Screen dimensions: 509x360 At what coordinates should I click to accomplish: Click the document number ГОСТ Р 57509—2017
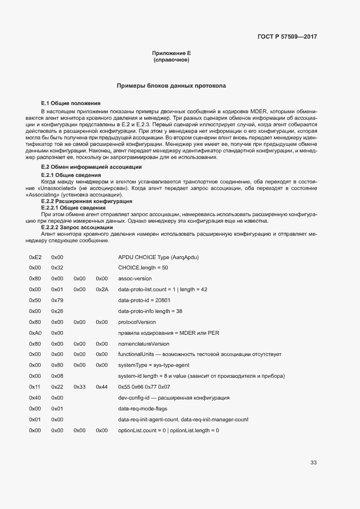click(287, 37)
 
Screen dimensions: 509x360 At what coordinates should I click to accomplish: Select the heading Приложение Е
click(171, 53)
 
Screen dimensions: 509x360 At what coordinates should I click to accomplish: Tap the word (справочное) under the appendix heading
click(171, 60)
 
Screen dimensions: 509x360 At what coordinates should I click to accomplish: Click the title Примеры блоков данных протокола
click(171, 86)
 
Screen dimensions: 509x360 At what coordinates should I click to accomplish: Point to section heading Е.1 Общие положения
click(71, 103)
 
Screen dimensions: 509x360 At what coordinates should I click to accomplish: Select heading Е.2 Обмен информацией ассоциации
click(84, 167)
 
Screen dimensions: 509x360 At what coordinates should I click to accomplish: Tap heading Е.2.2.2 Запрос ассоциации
click(77, 227)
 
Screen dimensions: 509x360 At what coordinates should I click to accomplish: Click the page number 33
click(313, 463)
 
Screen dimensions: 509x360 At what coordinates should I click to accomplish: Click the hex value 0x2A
click(102, 290)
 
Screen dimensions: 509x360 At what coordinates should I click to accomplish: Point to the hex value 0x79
click(57, 301)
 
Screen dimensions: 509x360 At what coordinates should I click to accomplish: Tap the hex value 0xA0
click(35, 333)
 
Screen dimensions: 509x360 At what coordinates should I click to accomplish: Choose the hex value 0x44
click(102, 387)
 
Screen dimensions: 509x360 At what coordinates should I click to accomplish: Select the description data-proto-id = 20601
click(144, 301)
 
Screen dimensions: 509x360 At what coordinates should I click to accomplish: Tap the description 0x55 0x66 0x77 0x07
click(144, 387)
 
